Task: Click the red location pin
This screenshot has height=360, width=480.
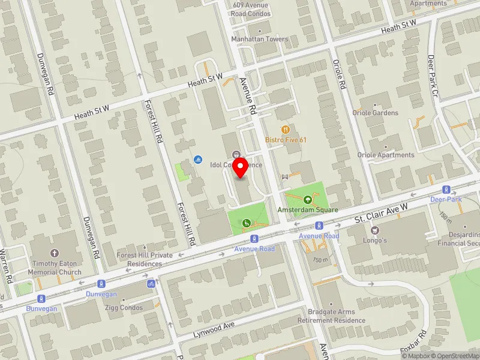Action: coord(241,167)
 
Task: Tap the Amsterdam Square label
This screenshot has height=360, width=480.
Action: coord(308,210)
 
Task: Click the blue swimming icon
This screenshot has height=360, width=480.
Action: coord(198,160)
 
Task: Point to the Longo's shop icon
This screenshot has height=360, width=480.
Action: coord(376,230)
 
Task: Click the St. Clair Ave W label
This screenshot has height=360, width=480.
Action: coord(380,214)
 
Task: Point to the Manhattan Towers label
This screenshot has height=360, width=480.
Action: coord(260,40)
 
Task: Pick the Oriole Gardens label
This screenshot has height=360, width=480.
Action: coord(377,113)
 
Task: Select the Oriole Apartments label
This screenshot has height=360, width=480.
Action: coord(386,155)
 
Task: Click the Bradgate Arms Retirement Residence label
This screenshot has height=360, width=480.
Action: coord(331,316)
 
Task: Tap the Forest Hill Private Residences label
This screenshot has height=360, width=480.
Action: coord(145,259)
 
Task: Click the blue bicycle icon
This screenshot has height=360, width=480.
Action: coord(151,283)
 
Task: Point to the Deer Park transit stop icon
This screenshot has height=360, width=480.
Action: coord(446,188)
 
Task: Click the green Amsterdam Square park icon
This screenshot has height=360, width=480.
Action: coord(308,199)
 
